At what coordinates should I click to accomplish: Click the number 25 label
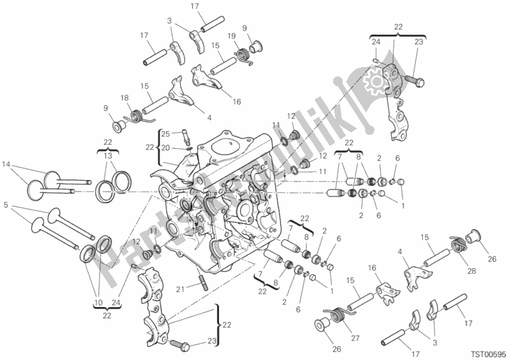(165, 133)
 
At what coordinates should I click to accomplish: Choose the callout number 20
(165, 147)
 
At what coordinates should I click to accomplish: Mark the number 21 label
(180, 289)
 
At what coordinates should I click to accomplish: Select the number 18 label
(124, 98)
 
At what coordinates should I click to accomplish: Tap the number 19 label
(232, 35)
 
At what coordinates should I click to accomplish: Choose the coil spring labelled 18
(136, 116)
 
